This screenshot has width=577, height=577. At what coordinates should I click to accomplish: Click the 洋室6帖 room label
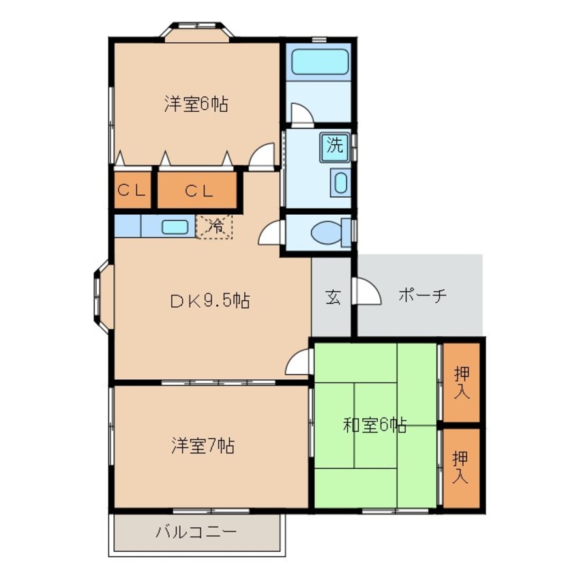[195, 104]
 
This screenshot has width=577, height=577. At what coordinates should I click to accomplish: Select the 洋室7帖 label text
[203, 446]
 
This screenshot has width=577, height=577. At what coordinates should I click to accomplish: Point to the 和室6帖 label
[374, 426]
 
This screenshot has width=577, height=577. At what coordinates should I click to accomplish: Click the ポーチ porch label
[421, 296]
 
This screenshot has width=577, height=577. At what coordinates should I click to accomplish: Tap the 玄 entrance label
[332, 297]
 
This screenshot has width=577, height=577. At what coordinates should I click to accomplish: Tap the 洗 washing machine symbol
[334, 145]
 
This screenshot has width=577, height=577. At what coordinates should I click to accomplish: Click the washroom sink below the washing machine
[340, 183]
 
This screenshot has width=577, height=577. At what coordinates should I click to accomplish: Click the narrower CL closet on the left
[132, 190]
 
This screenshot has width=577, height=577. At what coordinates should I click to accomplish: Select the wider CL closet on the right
[198, 190]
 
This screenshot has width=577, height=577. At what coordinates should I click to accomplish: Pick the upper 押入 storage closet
[462, 382]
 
